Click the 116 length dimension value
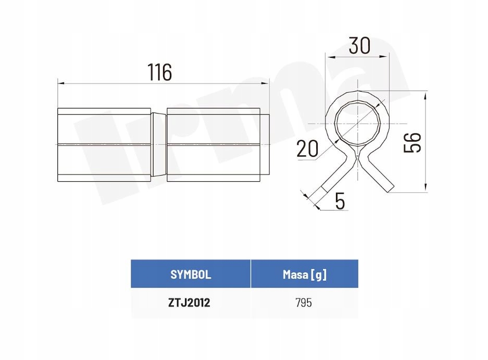point(159,72)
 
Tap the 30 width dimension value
point(359,45)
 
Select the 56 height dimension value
point(412,142)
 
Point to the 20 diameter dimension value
point(307,148)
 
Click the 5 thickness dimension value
point(340,201)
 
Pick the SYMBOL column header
point(191,275)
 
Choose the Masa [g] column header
point(305,275)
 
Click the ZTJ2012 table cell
point(189,302)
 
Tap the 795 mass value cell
point(304,302)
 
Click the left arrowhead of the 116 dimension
point(61,83)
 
